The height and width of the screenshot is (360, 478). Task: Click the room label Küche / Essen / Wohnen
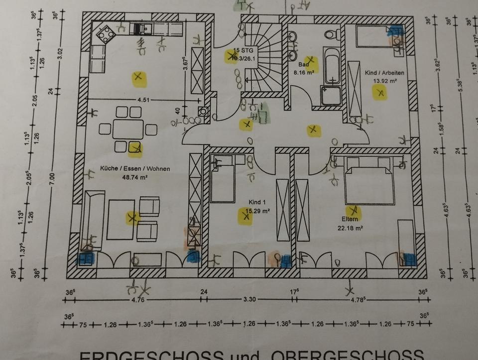click(134, 169)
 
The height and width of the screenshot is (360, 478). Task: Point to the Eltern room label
click(350, 219)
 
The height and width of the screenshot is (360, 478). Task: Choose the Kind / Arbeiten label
click(384, 73)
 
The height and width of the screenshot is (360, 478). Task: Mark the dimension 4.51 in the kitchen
click(143, 100)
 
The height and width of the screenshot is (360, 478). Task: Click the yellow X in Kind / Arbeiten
click(381, 93)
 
